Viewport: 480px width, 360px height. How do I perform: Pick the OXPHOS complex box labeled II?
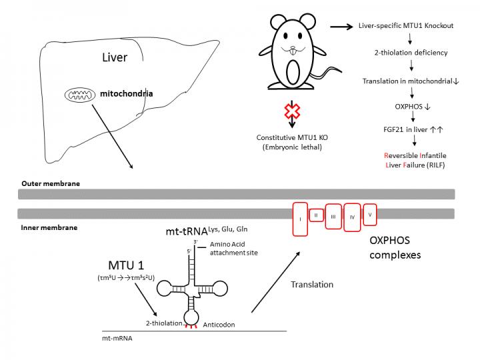pyautogui.click(x=317, y=215)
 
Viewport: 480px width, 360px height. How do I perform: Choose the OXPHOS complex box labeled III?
pyautogui.click(x=333, y=217)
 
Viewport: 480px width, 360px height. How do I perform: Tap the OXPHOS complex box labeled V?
pyautogui.click(x=369, y=214)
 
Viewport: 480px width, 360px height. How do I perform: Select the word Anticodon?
pyautogui.click(x=219, y=325)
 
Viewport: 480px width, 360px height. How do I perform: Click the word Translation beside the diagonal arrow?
pyautogui.click(x=313, y=284)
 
